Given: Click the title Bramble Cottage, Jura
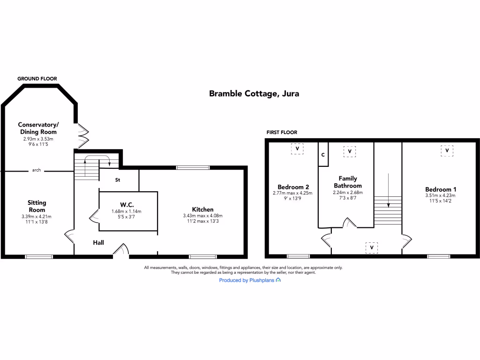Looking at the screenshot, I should [x=254, y=93].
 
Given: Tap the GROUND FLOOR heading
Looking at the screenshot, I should [x=37, y=79].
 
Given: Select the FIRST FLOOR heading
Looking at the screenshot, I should [x=282, y=133].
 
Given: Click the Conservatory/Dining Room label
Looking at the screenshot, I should [x=38, y=128].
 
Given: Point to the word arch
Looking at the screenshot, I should [x=37, y=170].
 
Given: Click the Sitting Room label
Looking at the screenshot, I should [x=37, y=206].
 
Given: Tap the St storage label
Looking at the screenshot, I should [x=118, y=180].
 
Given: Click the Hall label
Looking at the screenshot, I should [x=98, y=242].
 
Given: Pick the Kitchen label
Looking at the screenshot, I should [x=202, y=209].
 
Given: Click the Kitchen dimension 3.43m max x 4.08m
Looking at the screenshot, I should [x=202, y=216].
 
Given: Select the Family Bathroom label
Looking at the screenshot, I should [x=348, y=182].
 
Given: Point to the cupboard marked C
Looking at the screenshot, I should [x=323, y=154].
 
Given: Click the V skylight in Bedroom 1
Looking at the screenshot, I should [x=447, y=151].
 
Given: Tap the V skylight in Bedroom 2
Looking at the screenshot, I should [x=297, y=149].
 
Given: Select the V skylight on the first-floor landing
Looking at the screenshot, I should [x=371, y=247].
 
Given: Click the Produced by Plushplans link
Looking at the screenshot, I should [x=250, y=280].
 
